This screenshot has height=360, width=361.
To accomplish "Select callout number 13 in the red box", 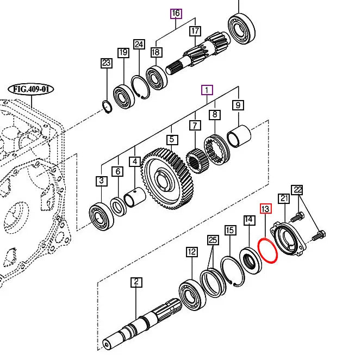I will (x=265, y=209).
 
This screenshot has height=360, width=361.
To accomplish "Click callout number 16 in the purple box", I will (x=176, y=13).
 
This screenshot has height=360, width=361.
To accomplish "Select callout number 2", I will (x=136, y=282).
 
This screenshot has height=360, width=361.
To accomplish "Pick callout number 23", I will (x=106, y=63).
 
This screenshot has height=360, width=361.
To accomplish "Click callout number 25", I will (x=213, y=240).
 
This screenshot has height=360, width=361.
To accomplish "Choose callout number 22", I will (x=297, y=189).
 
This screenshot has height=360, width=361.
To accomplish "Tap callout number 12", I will (x=191, y=252).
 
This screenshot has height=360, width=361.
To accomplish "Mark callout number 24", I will (x=139, y=44).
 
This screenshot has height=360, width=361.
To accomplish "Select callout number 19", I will (x=123, y=52).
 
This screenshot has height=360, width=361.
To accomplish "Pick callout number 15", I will (x=231, y=231).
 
